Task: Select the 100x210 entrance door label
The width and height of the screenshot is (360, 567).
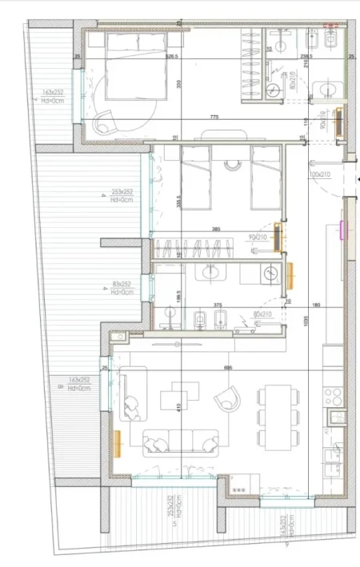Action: point(319,174)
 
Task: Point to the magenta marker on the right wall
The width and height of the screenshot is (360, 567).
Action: point(342,232)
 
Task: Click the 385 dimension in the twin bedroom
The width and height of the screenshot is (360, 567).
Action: point(215,230)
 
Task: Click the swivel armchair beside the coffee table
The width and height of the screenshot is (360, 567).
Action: point(230,396)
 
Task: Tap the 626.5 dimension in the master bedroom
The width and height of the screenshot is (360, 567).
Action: point(170,57)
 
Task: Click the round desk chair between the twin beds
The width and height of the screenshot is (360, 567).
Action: point(233,166)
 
